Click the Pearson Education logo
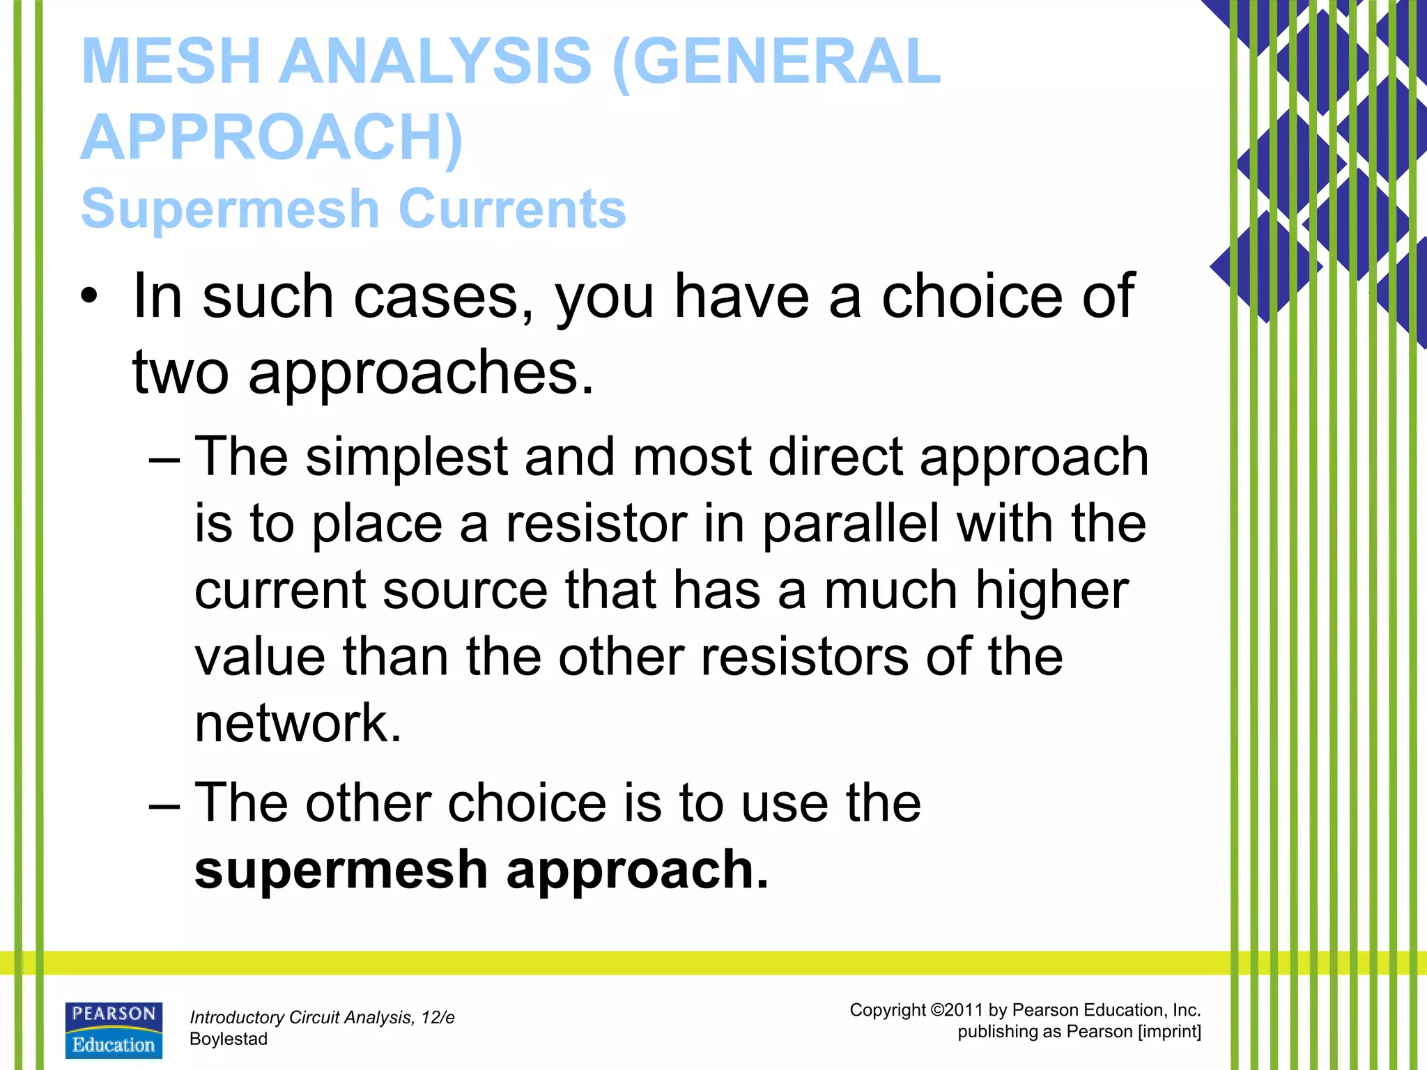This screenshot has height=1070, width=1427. (114, 1030)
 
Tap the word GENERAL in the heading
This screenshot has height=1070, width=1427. (777, 61)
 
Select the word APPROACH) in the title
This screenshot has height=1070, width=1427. (272, 137)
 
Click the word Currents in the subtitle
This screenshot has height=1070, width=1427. (513, 209)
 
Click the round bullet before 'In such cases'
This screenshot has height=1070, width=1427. (89, 297)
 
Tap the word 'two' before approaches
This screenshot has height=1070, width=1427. (180, 373)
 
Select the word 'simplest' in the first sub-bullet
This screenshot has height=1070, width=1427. (407, 457)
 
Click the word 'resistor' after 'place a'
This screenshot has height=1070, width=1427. (596, 524)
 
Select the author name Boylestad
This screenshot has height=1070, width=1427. (229, 1039)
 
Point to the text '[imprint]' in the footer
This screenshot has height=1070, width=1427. (1169, 1032)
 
